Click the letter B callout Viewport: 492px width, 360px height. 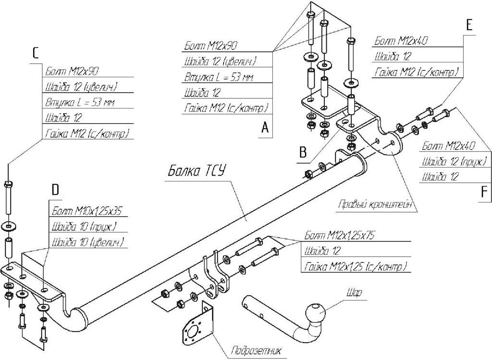point(302,152)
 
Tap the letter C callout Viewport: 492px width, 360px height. point(35,53)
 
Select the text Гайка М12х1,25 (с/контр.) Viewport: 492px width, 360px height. point(355,266)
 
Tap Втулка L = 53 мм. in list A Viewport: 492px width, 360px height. point(219,77)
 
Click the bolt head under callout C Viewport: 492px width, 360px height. point(8,184)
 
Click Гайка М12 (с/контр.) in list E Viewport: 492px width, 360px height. point(417,72)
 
